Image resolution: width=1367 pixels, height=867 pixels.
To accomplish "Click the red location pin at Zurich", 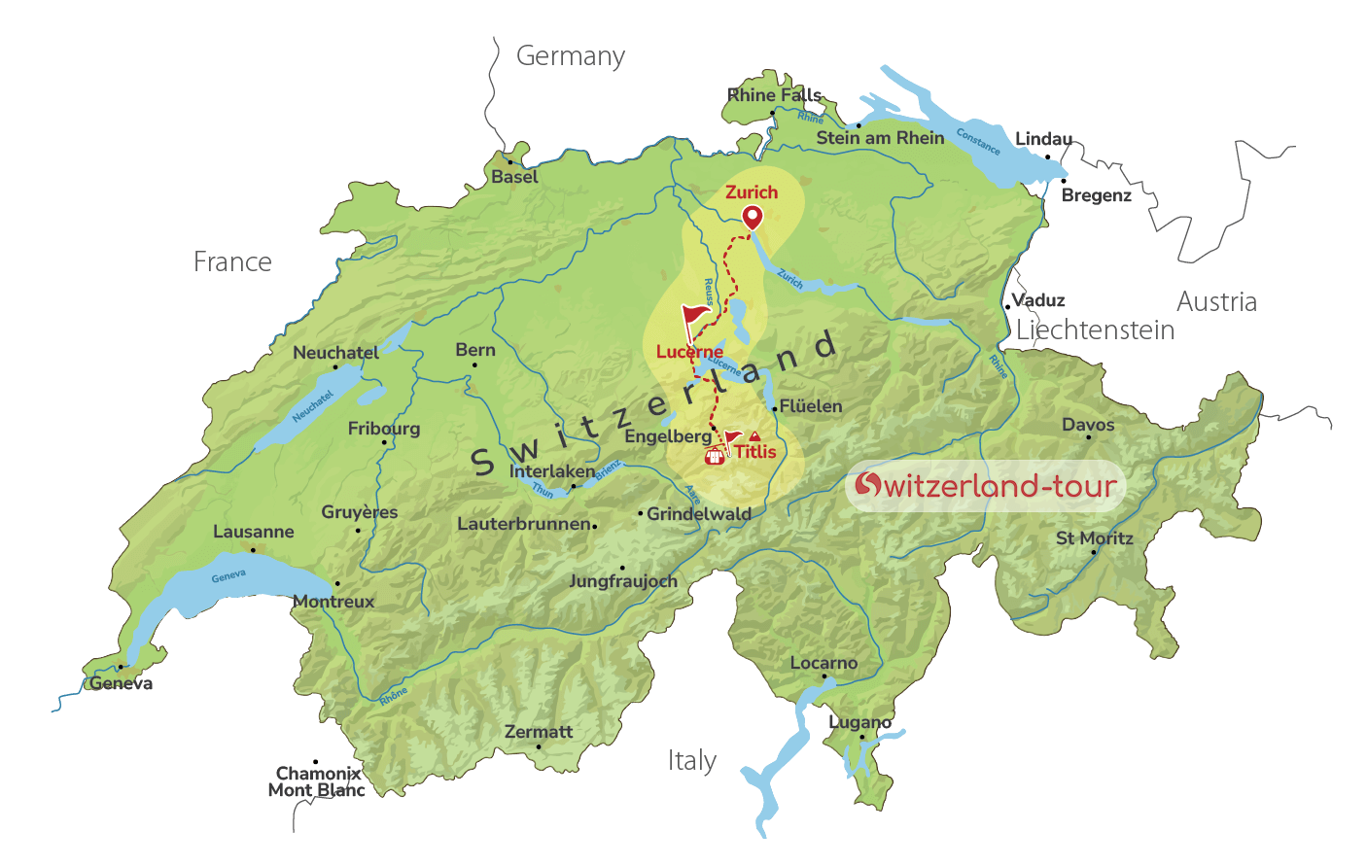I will [753, 218].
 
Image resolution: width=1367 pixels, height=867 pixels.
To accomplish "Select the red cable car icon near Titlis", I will [716, 455].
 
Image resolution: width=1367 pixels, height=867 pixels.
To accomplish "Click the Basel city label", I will [514, 177].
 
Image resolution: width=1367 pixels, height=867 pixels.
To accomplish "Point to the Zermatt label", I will [539, 732].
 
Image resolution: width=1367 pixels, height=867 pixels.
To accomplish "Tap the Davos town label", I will [1088, 425].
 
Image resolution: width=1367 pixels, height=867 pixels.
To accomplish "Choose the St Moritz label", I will [1095, 538].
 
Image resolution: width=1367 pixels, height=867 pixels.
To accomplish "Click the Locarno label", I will [824, 663].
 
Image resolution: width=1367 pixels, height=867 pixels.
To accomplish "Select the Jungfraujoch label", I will [623, 581].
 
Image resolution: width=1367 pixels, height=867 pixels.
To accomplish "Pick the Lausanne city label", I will [254, 532].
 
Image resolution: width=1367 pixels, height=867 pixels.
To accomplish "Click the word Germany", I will [571, 56].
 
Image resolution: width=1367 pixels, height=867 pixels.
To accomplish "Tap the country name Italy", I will [692, 760].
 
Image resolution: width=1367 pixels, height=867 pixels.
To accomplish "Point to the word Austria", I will [1216, 302].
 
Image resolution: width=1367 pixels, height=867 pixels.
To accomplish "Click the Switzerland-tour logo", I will [986, 485].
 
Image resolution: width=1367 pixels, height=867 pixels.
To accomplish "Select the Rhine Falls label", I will [775, 94].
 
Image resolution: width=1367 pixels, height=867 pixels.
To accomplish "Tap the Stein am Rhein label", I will [880, 138].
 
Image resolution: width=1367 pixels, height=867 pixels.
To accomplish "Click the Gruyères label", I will [360, 512].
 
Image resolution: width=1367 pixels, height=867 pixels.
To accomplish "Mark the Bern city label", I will [475, 350].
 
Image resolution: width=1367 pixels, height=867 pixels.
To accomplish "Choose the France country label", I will [232, 261].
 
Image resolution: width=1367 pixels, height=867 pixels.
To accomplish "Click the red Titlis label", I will [755, 451].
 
